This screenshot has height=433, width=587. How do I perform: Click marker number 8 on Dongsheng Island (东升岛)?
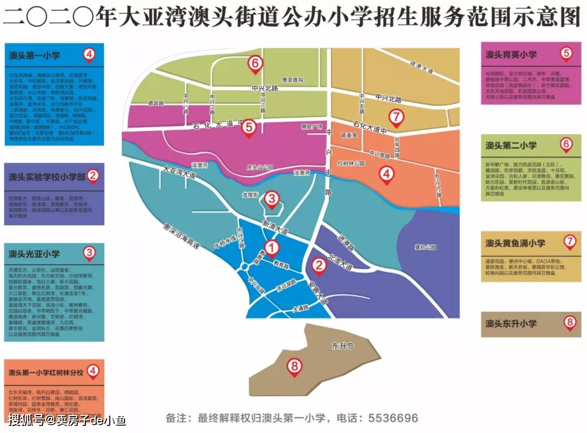click(295, 367)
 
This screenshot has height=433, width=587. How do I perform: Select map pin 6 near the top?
click(255, 64)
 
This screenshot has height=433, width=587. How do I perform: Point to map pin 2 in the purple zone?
click(319, 265)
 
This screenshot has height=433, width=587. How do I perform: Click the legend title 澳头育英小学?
click(511, 55)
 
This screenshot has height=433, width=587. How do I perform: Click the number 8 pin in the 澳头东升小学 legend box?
click(569, 322)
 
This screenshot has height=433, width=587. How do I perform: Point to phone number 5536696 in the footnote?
click(394, 418)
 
